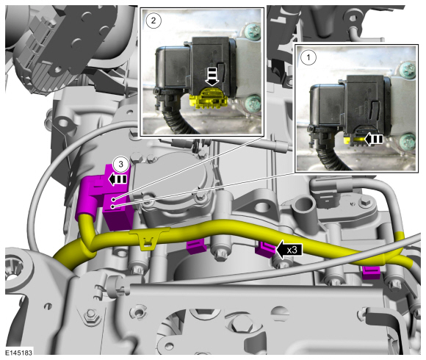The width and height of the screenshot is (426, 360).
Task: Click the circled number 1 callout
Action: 308,57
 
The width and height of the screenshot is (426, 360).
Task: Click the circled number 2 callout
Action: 154,21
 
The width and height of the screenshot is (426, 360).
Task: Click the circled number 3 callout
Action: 120,164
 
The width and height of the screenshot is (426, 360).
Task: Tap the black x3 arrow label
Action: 289,249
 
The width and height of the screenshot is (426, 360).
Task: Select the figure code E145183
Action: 19,353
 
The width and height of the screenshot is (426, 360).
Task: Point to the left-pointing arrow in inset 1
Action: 373,139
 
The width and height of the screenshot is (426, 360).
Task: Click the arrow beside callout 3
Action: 118,179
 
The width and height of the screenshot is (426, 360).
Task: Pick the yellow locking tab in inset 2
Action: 207,98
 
